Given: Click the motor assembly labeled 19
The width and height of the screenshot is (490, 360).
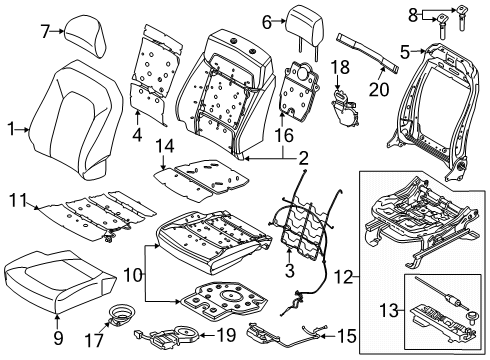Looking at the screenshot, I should pyautogui.click(x=185, y=334).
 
